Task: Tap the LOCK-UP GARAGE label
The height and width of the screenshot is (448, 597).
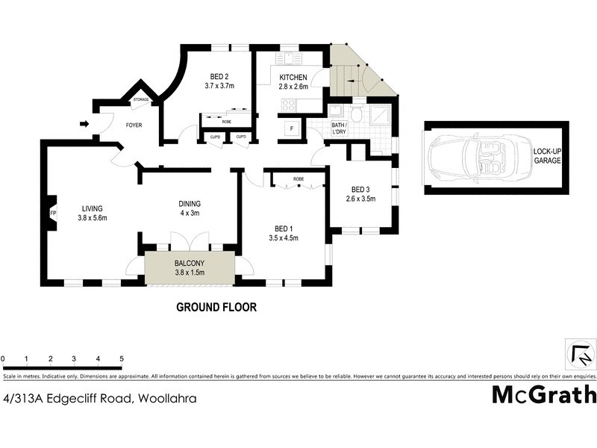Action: click(x=548, y=156)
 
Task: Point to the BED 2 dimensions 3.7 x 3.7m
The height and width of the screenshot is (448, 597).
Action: click(x=219, y=86)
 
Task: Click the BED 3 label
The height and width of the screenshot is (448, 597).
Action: click(x=360, y=190)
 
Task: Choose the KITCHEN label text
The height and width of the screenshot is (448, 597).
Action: click(x=293, y=78)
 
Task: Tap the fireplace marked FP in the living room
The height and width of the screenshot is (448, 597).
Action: click(x=53, y=214)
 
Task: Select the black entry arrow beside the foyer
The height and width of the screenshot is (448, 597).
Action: click(x=84, y=123)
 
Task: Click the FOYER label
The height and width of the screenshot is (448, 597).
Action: click(x=134, y=125)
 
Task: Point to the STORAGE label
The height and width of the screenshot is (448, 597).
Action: click(x=140, y=99)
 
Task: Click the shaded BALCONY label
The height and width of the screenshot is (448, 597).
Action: click(x=190, y=264)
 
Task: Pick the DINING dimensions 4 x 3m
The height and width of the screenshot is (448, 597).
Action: click(x=189, y=213)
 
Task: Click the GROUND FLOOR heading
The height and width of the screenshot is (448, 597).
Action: click(x=216, y=307)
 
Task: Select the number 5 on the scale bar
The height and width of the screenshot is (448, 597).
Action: click(x=121, y=359)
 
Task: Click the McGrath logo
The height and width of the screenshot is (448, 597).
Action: click(x=544, y=394)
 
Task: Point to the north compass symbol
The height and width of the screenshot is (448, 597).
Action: click(x=580, y=353)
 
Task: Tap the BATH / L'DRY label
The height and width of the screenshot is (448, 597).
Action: click(x=339, y=128)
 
